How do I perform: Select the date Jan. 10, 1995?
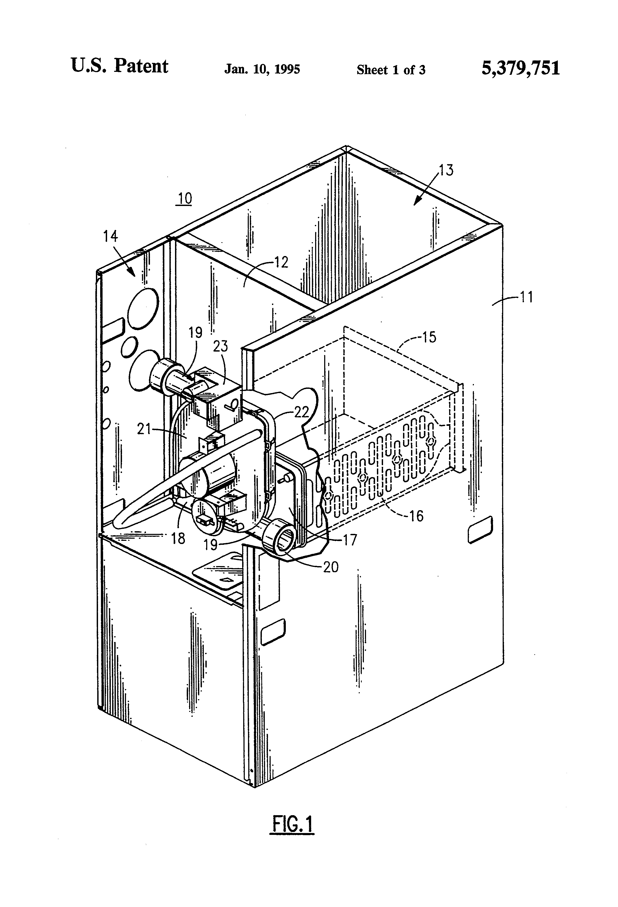click(x=262, y=69)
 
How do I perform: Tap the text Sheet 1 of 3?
click(x=391, y=70)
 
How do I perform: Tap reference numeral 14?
click(x=111, y=236)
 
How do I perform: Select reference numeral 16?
click(x=416, y=516)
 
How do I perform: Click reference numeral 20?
click(x=331, y=567)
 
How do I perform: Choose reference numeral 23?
click(x=220, y=346)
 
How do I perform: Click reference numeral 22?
click(x=301, y=412)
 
